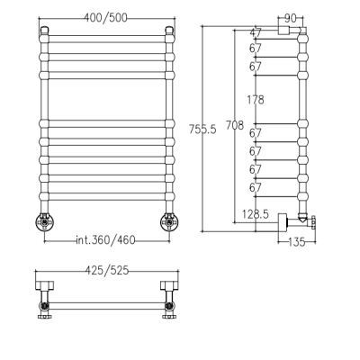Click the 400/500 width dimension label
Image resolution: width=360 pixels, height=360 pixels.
105,18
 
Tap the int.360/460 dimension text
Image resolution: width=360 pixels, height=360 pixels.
105,240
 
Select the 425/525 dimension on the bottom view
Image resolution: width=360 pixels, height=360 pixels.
107,271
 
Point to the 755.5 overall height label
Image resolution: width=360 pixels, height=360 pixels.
202,130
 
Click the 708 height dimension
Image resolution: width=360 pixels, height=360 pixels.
235,125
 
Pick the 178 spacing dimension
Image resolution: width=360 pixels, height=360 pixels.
256,99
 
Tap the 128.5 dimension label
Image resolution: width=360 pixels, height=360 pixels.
256,214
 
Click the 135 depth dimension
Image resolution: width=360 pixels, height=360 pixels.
296,242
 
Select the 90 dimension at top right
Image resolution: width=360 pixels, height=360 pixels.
290,19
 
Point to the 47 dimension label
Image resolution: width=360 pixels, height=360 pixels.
256,32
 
